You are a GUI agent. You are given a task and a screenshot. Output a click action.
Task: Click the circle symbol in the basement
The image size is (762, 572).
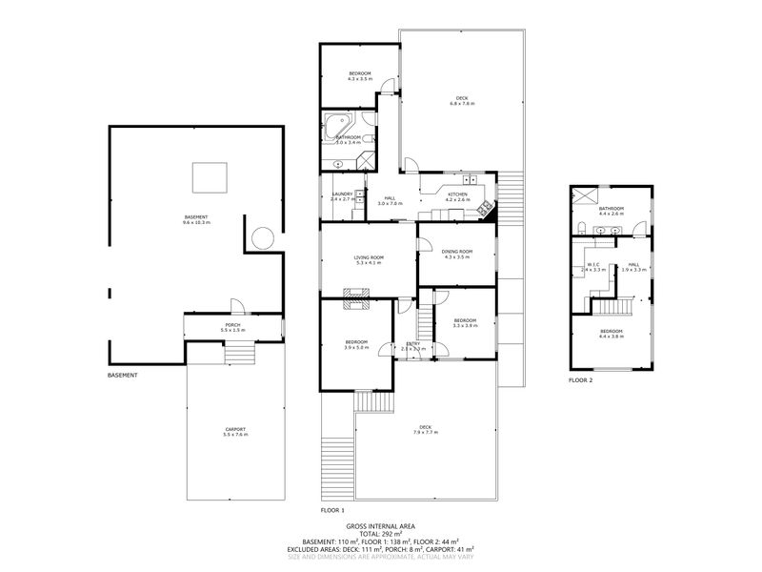(263, 237)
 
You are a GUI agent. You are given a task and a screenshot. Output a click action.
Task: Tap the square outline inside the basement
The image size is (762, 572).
(210, 177)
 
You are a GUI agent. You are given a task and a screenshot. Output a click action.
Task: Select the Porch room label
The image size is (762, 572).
(232, 326)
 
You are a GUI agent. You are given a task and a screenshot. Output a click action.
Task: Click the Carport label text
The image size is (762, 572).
(234, 430)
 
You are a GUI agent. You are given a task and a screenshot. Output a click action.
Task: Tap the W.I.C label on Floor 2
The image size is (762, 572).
(593, 265)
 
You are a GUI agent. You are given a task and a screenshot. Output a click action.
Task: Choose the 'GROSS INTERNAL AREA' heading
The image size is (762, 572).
(380, 526)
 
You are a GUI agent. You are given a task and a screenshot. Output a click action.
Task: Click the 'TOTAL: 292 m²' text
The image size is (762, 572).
(380, 534)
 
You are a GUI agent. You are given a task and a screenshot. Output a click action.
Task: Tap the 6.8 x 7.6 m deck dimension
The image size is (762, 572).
(462, 103)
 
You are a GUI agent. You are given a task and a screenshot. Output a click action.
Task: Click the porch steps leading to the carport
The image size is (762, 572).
(240, 354)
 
